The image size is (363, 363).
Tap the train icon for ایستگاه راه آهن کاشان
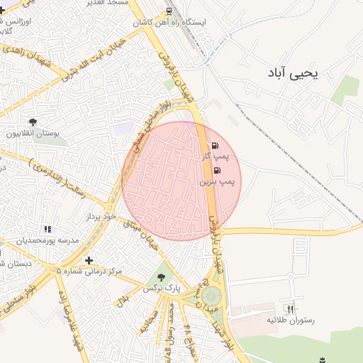tap(169, 11)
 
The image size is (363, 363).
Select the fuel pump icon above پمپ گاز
tap(214, 146)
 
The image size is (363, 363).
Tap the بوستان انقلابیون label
tap(33, 133)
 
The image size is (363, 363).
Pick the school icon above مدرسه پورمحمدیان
tap(48, 229)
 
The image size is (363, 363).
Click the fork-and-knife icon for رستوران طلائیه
tap(289, 309)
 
